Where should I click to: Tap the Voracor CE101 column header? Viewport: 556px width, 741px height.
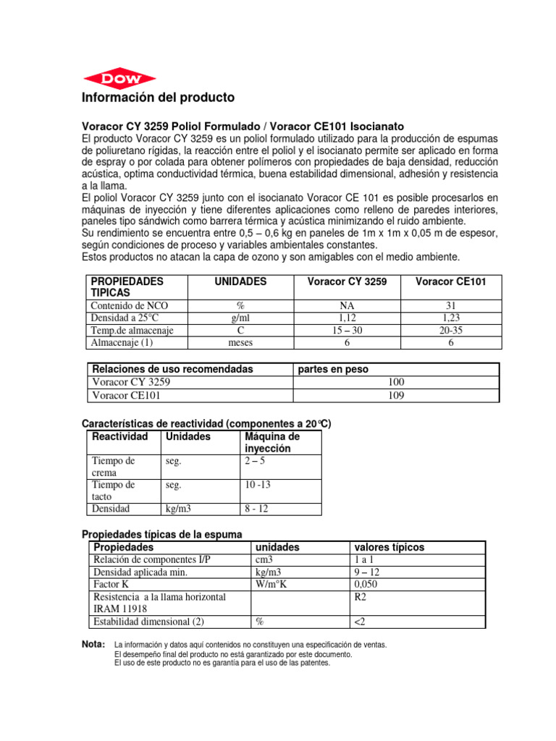[x=449, y=281]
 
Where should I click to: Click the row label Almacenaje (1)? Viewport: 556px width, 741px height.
[x=121, y=342]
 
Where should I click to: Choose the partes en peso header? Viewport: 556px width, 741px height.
[x=334, y=369]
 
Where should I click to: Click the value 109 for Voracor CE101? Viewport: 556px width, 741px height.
[x=396, y=395]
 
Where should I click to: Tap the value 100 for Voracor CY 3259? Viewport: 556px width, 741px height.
[x=396, y=382]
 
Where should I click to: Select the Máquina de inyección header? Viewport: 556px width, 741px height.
[x=272, y=443]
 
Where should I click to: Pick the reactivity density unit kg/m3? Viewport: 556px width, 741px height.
[x=178, y=509]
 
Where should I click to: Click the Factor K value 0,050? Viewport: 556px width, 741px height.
[x=366, y=584]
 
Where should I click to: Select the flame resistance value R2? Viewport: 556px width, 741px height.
[x=360, y=597]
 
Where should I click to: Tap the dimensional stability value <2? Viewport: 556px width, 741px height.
[x=360, y=622]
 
